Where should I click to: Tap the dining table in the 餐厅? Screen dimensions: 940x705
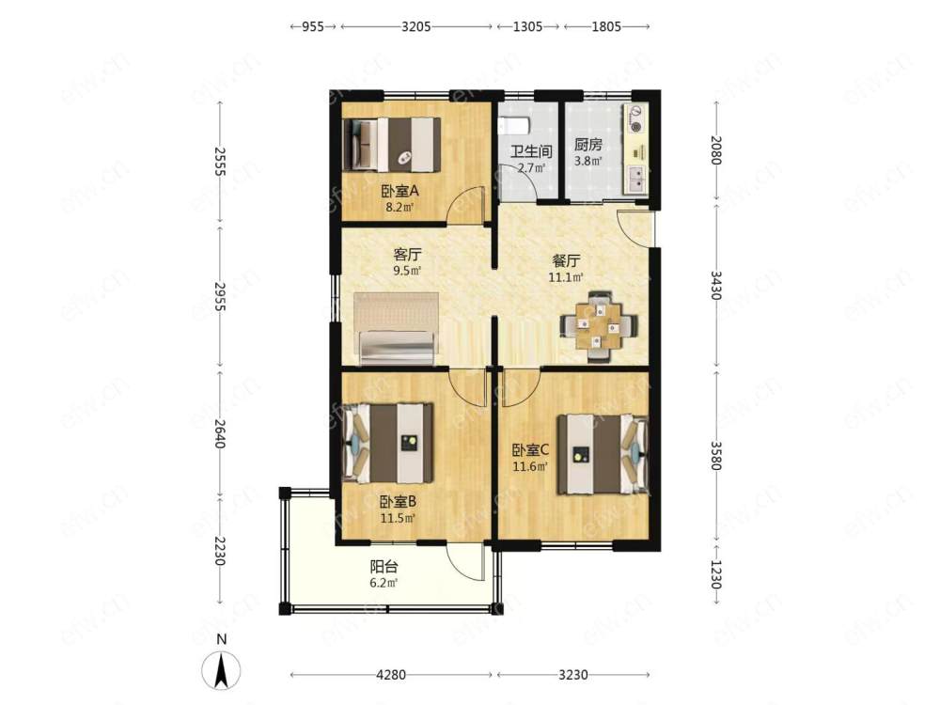coord(597,326)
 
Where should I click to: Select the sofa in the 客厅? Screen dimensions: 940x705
coord(397,328)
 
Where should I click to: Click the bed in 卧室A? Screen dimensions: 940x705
coord(391,145)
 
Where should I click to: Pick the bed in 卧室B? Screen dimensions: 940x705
coord(388,443)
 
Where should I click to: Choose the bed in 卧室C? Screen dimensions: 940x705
coord(603,454)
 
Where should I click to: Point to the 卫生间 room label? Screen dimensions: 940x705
coord(531,151)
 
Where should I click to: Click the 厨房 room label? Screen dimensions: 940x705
coord(587,145)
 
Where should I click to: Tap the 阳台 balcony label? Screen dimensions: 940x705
coord(384,567)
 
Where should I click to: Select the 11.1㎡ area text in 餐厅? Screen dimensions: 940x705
coord(566,277)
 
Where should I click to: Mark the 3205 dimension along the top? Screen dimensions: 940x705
coord(416,26)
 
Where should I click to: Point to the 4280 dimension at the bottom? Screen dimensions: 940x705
coord(391,675)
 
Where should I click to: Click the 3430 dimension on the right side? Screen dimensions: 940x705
coord(715,285)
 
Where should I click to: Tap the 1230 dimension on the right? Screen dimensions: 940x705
coord(715,574)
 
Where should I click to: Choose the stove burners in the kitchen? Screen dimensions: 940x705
coord(635,118)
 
